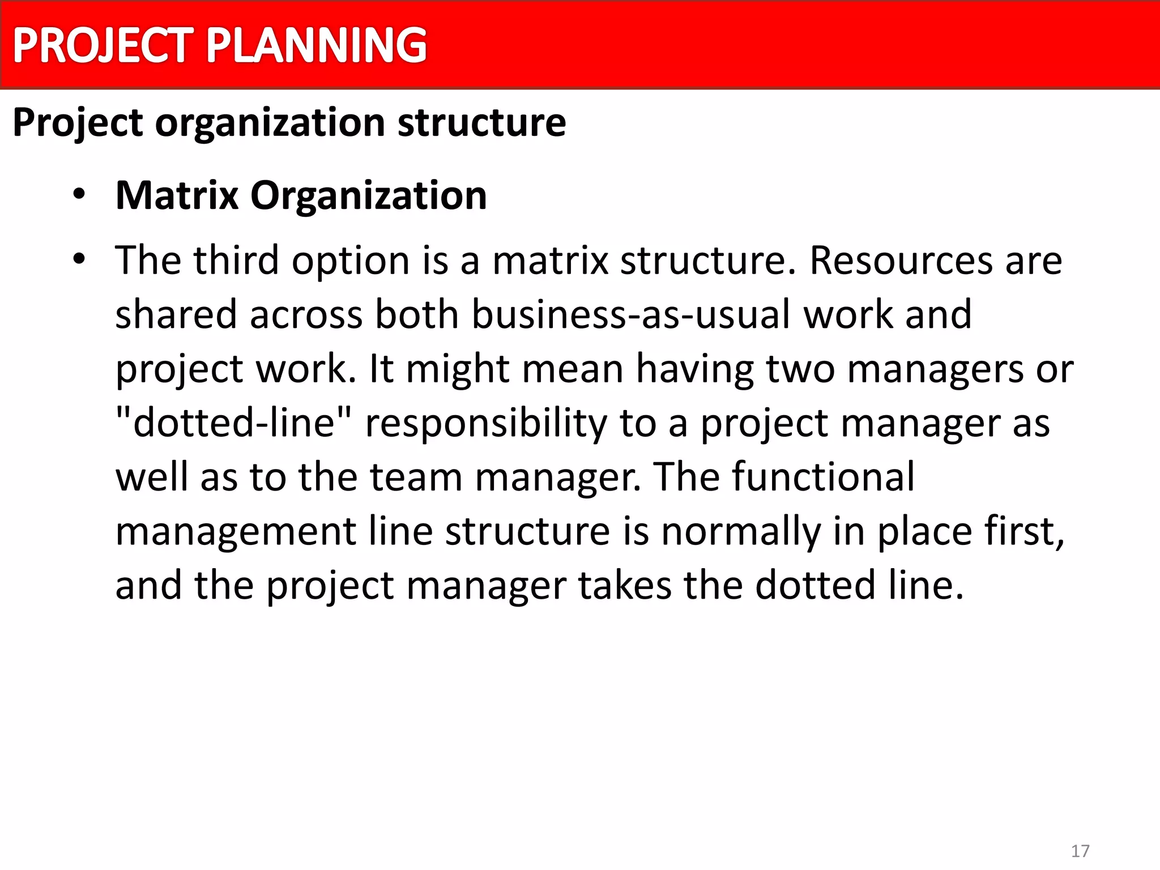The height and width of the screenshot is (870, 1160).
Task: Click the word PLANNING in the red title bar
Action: (316, 45)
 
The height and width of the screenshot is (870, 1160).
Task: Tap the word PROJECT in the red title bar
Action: (103, 45)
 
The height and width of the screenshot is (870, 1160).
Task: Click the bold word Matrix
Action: (177, 195)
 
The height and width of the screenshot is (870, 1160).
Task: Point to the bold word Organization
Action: (368, 195)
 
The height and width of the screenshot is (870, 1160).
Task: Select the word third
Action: (236, 261)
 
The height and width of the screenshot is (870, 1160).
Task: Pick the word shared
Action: (176, 314)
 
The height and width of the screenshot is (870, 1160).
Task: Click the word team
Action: (416, 477)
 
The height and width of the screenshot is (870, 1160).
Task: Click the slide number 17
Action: (1080, 851)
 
